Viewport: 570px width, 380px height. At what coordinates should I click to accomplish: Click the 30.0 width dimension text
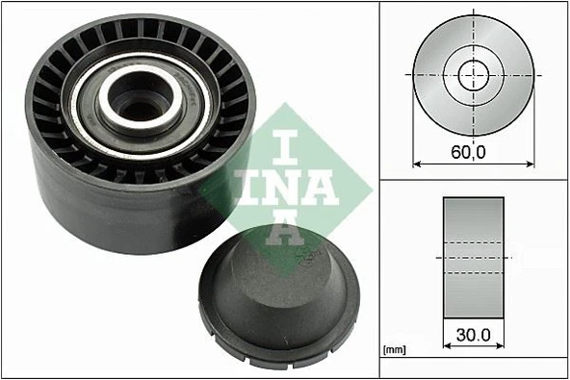pyautogui.click(x=473, y=336)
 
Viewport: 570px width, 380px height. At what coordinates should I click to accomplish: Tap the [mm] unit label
pyautogui.click(x=393, y=349)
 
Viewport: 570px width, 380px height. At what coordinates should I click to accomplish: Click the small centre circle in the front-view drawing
pyautogui.click(x=474, y=73)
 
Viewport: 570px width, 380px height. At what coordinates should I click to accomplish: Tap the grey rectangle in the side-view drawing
pyautogui.click(x=473, y=257)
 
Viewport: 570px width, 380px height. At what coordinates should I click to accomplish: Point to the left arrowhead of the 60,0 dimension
pyautogui.click(x=417, y=165)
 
